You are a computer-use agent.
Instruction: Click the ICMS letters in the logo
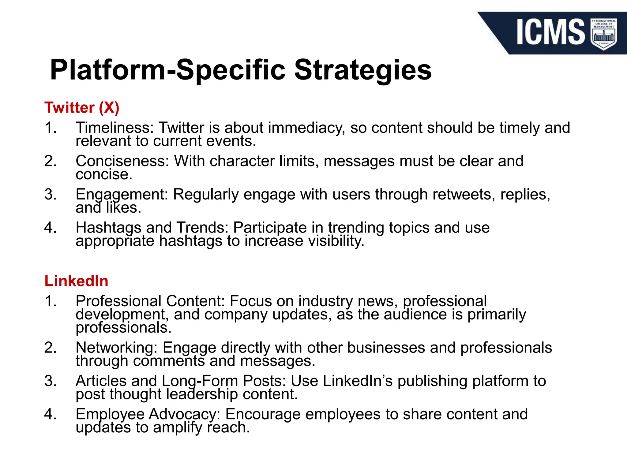550,32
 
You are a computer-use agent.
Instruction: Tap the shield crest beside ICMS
603,34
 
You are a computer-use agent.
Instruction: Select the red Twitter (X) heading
82,108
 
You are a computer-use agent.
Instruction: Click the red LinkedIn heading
76,281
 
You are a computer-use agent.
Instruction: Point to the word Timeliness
114,128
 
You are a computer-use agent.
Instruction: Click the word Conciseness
122,161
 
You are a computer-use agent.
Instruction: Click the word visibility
336,241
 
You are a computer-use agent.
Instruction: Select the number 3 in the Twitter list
50,195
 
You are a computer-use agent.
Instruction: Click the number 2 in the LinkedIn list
50,348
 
